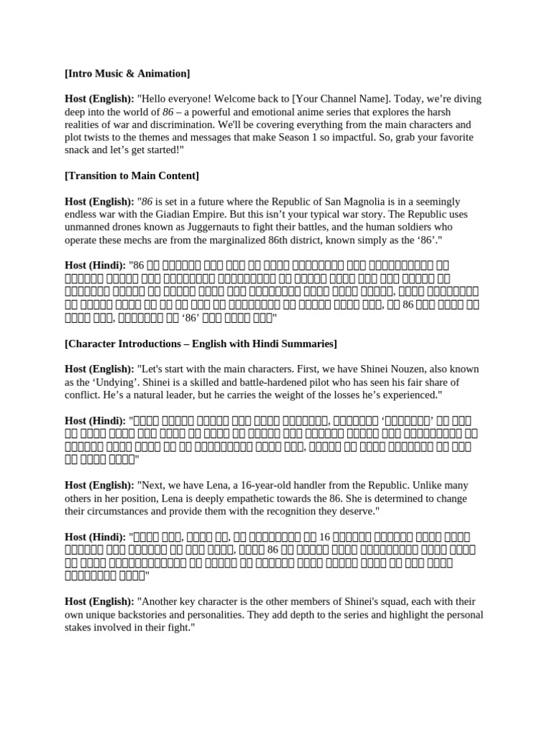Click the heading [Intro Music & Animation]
pos(127,74)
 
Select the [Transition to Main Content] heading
pos(132,175)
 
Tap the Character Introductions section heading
pos(201,344)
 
